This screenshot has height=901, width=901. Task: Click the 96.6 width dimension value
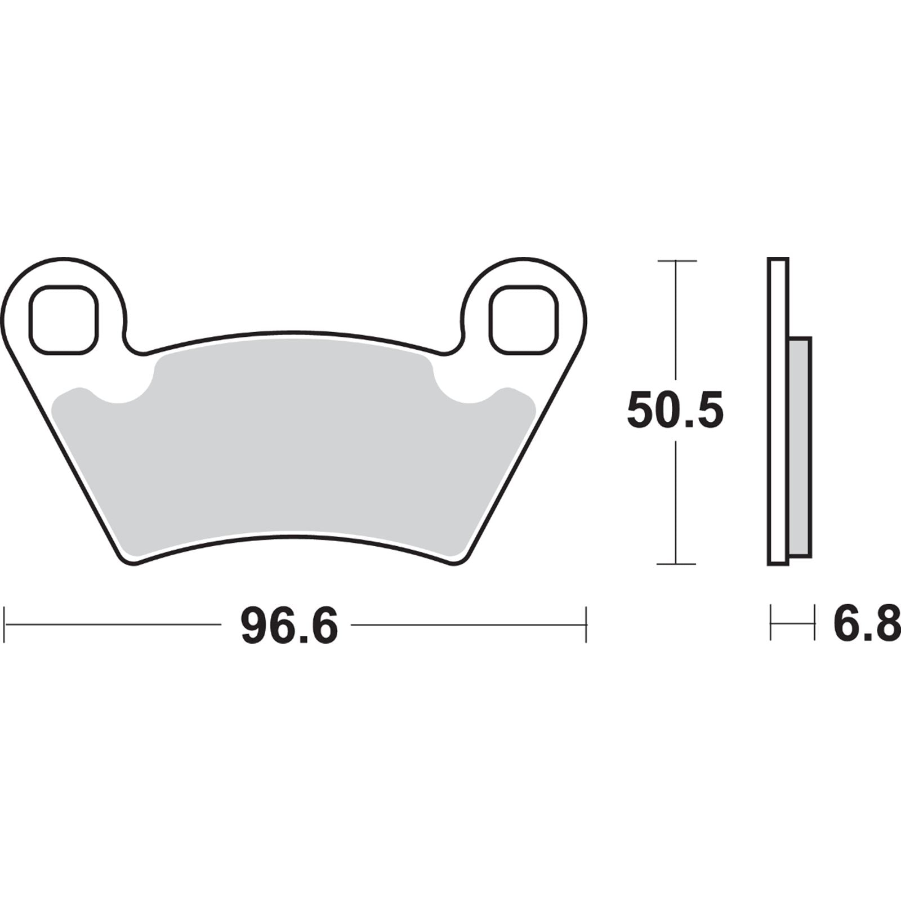tap(289, 626)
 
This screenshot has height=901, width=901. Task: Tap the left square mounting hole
tap(64, 320)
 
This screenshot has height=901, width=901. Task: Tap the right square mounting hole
tap(523, 320)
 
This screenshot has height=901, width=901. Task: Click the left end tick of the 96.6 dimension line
tap(5, 625)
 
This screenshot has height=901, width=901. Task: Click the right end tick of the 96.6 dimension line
tap(586, 625)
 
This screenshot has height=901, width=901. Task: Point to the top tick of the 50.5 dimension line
tap(676, 261)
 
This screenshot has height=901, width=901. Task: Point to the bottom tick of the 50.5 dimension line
tap(676, 564)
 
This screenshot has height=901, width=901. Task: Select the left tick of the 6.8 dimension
tap(771, 623)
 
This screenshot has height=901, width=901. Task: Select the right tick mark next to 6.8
tap(814, 623)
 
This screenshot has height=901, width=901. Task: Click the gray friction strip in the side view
tap(800, 448)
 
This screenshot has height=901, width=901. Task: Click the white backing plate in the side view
tap(778, 411)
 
